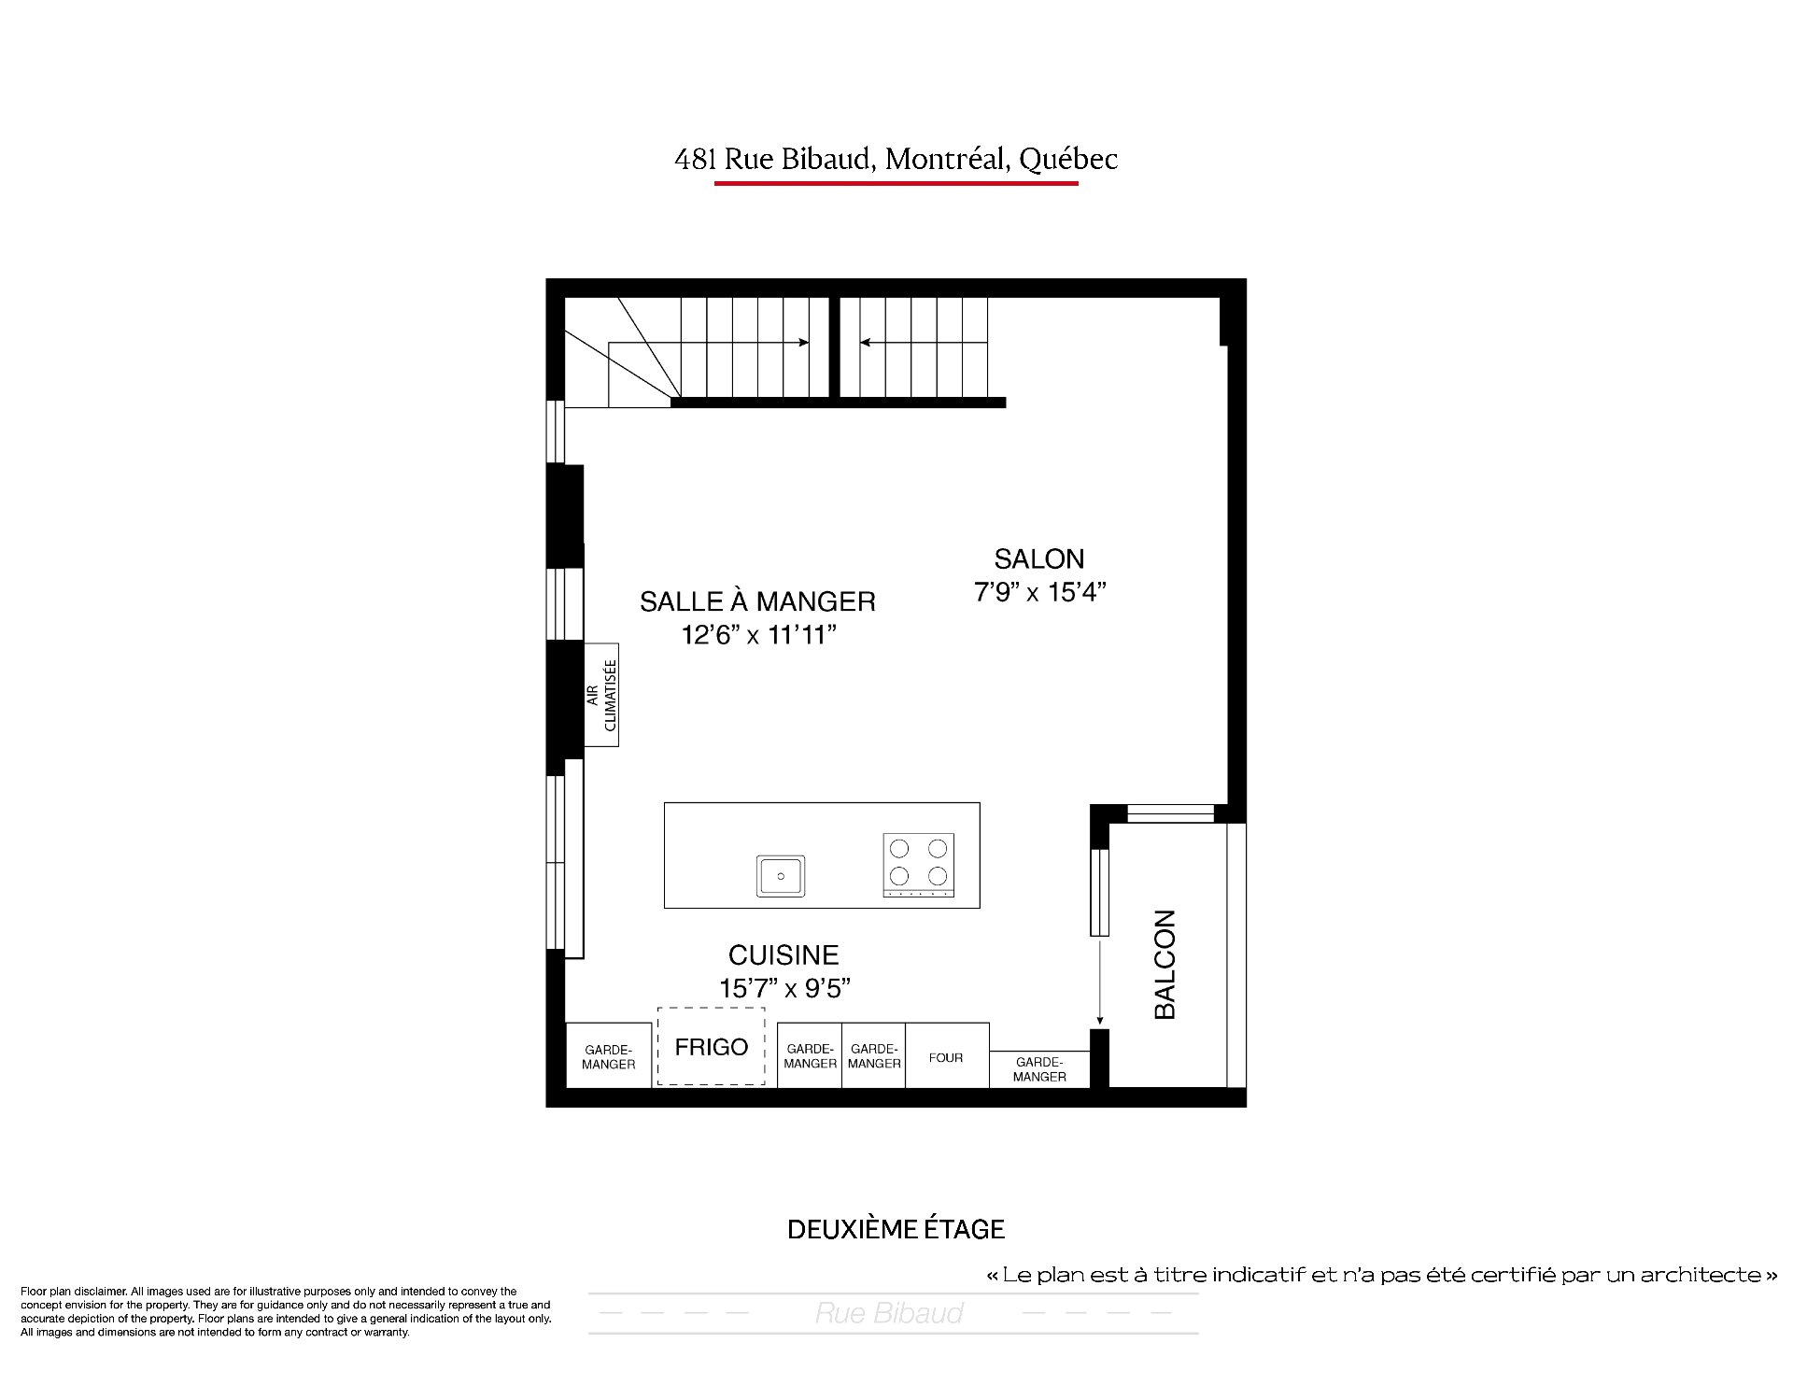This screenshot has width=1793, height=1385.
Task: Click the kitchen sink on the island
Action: click(781, 876)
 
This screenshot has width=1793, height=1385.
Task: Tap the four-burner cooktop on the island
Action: click(919, 865)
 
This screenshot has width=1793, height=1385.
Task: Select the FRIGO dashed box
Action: click(712, 1046)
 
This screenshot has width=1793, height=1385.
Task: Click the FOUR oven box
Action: click(946, 1056)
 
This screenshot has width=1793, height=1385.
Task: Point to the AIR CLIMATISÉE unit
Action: click(601, 695)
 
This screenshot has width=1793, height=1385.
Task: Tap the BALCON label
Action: click(1165, 964)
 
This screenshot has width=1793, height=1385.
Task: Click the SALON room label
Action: click(1039, 558)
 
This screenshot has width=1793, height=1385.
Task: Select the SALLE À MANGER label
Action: click(757, 601)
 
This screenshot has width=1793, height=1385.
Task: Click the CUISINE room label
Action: click(784, 954)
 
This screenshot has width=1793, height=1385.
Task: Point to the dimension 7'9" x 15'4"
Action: click(1040, 592)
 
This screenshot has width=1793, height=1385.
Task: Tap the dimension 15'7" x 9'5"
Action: click(785, 988)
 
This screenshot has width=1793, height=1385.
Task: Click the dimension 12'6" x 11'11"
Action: click(758, 635)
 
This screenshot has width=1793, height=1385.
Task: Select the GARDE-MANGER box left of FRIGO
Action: click(609, 1056)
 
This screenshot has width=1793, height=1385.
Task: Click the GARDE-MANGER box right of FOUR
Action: click(1039, 1069)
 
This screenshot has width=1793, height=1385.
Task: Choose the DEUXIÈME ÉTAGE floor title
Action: click(896, 1229)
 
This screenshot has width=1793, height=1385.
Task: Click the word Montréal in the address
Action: click(944, 159)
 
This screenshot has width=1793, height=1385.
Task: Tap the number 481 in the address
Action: click(695, 160)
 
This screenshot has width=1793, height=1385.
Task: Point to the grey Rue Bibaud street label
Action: click(889, 1313)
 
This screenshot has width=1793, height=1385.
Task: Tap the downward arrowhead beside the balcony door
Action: click(1100, 1020)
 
